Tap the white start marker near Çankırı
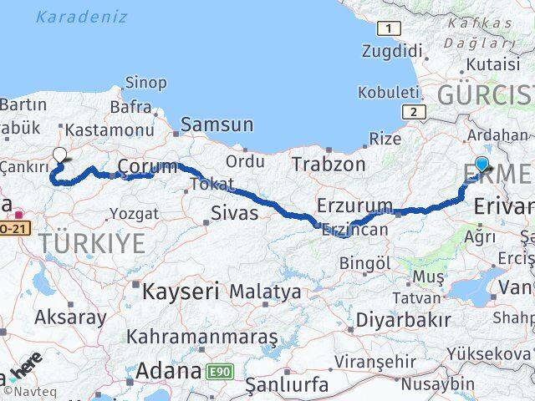(x=59, y=155)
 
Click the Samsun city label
(x=217, y=124)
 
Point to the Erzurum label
(x=354, y=205)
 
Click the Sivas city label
(x=235, y=212)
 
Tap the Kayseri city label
(x=181, y=292)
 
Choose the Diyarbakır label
(x=403, y=319)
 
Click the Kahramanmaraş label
(x=201, y=338)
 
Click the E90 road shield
(x=219, y=370)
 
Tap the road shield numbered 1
(x=388, y=29)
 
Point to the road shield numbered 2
(x=411, y=111)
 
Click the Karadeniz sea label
(x=82, y=17)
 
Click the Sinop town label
(x=145, y=82)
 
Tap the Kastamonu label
(x=109, y=130)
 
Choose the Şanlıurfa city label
(x=286, y=385)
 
